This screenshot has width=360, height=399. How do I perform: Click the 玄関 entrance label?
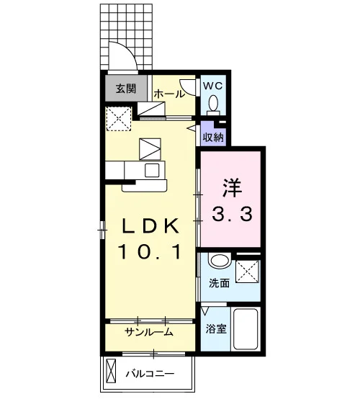126,89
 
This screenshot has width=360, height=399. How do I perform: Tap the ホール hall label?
169,94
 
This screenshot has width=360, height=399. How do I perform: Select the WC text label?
213,86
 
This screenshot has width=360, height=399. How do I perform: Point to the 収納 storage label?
213,138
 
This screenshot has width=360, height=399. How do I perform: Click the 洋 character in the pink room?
232,188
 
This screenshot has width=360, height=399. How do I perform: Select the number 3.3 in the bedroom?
233,214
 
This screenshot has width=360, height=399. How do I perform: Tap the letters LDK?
150,226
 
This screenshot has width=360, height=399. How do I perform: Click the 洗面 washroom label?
219,283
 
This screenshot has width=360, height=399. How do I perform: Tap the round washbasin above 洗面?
219,261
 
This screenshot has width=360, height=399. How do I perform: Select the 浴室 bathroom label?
216,328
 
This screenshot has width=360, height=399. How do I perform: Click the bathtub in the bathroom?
246,329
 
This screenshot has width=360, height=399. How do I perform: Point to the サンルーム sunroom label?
149,332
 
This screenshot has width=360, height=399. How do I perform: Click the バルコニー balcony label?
150,374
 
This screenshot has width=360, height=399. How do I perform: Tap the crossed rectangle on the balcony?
111,371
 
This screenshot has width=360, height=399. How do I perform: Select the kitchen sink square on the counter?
152,170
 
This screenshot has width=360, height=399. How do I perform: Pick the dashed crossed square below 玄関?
119,119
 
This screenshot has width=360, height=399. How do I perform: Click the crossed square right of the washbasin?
248,272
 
